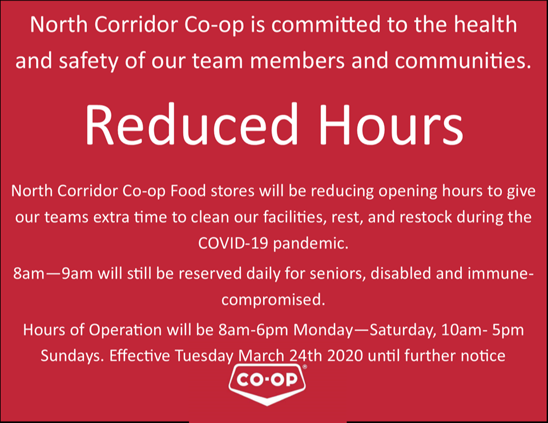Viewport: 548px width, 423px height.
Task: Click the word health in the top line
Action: [485, 25]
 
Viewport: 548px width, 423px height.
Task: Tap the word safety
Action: [89, 61]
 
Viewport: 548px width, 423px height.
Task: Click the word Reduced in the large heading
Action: [191, 124]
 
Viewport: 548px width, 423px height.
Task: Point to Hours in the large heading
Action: [390, 124]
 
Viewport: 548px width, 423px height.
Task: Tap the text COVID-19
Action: [233, 243]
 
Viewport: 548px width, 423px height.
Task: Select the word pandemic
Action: [311, 244]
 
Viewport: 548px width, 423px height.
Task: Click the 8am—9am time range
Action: [53, 273]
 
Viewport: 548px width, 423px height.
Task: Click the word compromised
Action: [273, 300]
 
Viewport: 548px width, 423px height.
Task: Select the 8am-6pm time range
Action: [253, 330]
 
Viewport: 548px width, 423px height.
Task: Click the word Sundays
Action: [72, 356]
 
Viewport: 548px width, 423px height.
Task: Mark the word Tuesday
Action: [204, 356]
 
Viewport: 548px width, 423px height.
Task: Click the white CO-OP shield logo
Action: [267, 384]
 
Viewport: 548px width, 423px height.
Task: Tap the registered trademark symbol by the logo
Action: [304, 366]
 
